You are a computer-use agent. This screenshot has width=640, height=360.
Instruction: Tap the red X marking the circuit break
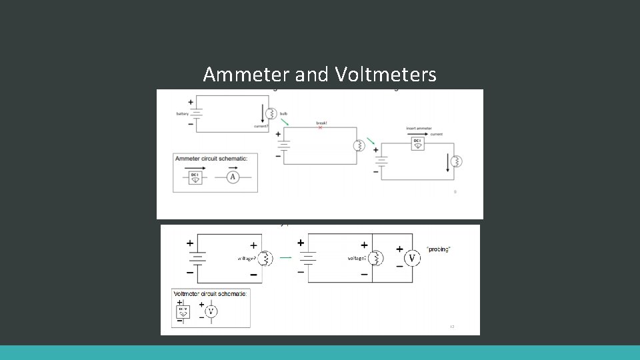[320, 127]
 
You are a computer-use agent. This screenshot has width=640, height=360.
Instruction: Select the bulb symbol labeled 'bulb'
[271, 113]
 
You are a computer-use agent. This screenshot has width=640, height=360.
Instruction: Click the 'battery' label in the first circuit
[182, 114]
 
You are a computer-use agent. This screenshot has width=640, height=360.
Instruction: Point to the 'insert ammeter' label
[419, 128]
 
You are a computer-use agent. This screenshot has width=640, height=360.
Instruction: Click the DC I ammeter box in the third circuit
[417, 143]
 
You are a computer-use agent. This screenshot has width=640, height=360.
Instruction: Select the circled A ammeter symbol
[233, 177]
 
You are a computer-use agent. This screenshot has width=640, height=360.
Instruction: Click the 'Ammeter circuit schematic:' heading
[211, 158]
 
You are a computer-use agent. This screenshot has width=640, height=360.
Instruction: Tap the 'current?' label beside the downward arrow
[261, 125]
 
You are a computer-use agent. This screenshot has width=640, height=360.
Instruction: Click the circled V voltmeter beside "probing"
[412, 258]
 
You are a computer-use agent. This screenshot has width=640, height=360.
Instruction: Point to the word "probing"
[439, 249]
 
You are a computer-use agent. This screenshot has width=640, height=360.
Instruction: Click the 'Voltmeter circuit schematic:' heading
[211, 293]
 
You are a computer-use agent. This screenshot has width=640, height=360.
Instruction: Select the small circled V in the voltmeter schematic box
[211, 311]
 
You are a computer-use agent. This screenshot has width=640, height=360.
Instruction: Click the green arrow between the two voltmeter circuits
[285, 257]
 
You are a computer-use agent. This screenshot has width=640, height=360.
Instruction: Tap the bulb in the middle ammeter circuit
[358, 145]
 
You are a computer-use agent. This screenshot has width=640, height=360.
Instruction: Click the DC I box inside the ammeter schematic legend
[195, 177]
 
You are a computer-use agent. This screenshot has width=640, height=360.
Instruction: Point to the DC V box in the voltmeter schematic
[183, 311]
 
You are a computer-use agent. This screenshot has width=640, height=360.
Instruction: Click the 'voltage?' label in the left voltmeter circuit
[247, 258]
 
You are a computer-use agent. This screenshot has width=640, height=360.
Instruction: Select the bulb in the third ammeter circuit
[457, 161]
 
